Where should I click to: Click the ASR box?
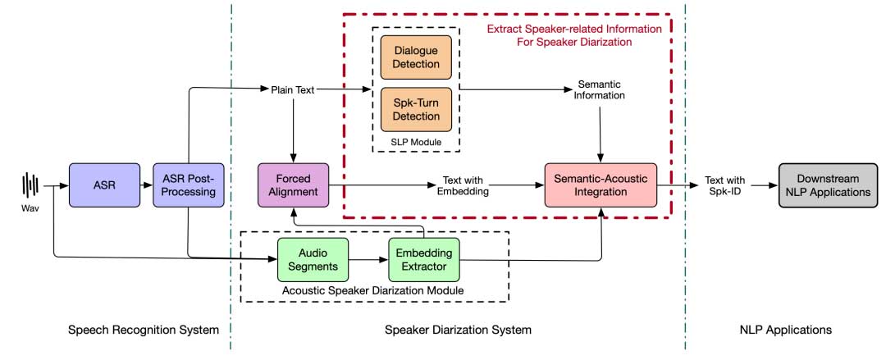[103, 185]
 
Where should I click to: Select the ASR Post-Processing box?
[188, 185]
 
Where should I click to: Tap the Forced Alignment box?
[293, 185]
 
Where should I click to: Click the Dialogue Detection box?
[416, 57]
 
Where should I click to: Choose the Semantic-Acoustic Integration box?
[603, 185]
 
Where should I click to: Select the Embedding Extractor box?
[424, 260]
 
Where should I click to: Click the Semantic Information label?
[602, 89]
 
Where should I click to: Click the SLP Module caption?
[415, 143]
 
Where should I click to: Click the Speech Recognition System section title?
[144, 330]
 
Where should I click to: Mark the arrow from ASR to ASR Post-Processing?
[145, 185]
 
